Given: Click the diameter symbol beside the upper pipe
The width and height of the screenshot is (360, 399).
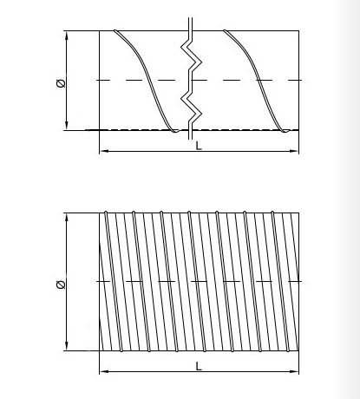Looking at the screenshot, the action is pos(61,83).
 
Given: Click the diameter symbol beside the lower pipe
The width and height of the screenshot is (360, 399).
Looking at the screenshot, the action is pos(61,285).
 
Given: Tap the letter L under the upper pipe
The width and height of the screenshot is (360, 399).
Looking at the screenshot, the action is pos(199,146).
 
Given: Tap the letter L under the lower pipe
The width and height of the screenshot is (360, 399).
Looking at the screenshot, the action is pos(199,366).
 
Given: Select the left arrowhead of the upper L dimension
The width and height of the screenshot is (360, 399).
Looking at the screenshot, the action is pos(104,151).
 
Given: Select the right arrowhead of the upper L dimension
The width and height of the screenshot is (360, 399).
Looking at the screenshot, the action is pos(294,151).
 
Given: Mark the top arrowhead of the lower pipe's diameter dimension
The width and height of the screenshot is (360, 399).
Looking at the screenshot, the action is pos(67,218).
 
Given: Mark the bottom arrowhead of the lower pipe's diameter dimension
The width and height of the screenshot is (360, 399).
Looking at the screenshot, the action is pos(67,346).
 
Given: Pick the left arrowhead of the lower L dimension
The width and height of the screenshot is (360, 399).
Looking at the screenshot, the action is pos(104,371).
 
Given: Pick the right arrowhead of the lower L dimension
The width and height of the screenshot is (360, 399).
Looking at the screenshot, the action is pos(294,371).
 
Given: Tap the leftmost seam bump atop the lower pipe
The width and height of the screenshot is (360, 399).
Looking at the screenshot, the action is pos(106,213).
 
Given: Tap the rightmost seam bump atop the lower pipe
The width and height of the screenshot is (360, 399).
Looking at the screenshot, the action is pos(272,213).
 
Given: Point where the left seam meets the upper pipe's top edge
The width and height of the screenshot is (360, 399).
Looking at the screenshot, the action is pos(115,30).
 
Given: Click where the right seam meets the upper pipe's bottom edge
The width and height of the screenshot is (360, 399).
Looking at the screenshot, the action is pos(285,131).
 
